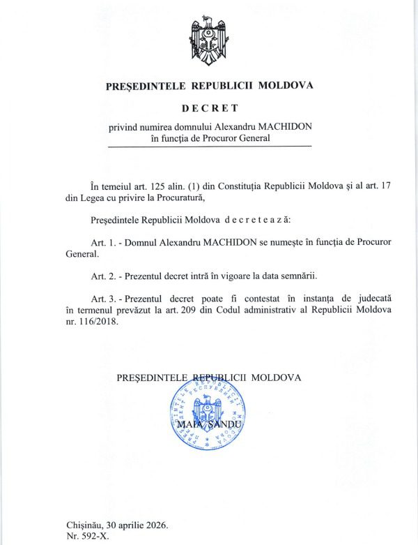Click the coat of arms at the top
pos(209,40)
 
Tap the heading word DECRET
pos(209,108)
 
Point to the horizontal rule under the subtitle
pos(209,147)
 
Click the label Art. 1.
pos(102,241)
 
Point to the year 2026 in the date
pos(154,524)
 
